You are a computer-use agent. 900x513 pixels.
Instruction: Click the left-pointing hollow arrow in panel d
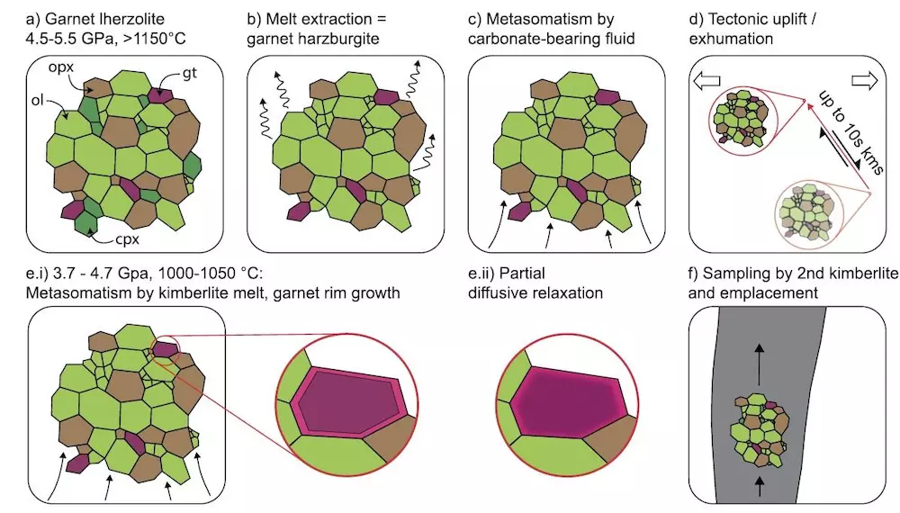tap(706, 82)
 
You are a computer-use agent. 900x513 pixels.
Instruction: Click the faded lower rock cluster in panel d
tap(812, 212)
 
